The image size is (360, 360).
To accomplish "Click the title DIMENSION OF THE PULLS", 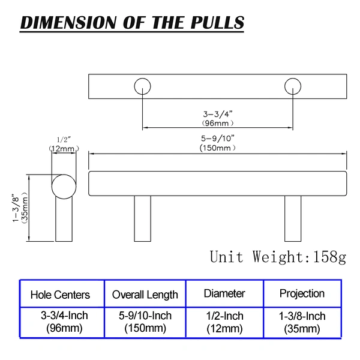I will click(132, 23).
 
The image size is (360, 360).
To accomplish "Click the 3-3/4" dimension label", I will click(218, 113).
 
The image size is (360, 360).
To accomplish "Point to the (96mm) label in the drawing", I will click(218, 122).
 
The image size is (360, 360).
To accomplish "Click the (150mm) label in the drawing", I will click(218, 148).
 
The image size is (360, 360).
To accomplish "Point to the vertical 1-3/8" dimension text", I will click(15, 208).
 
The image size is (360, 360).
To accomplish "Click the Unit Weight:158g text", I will click(278, 257).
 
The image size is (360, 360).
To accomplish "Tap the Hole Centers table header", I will click(60, 295).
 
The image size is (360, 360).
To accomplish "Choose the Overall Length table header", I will click(145, 295).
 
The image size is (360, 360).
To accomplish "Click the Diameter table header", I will click(224, 293).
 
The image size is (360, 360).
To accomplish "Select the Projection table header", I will click(302, 293).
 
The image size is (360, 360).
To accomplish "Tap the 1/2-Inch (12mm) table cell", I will click(224, 322).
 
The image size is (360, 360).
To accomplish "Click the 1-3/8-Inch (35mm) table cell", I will click(302, 322).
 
